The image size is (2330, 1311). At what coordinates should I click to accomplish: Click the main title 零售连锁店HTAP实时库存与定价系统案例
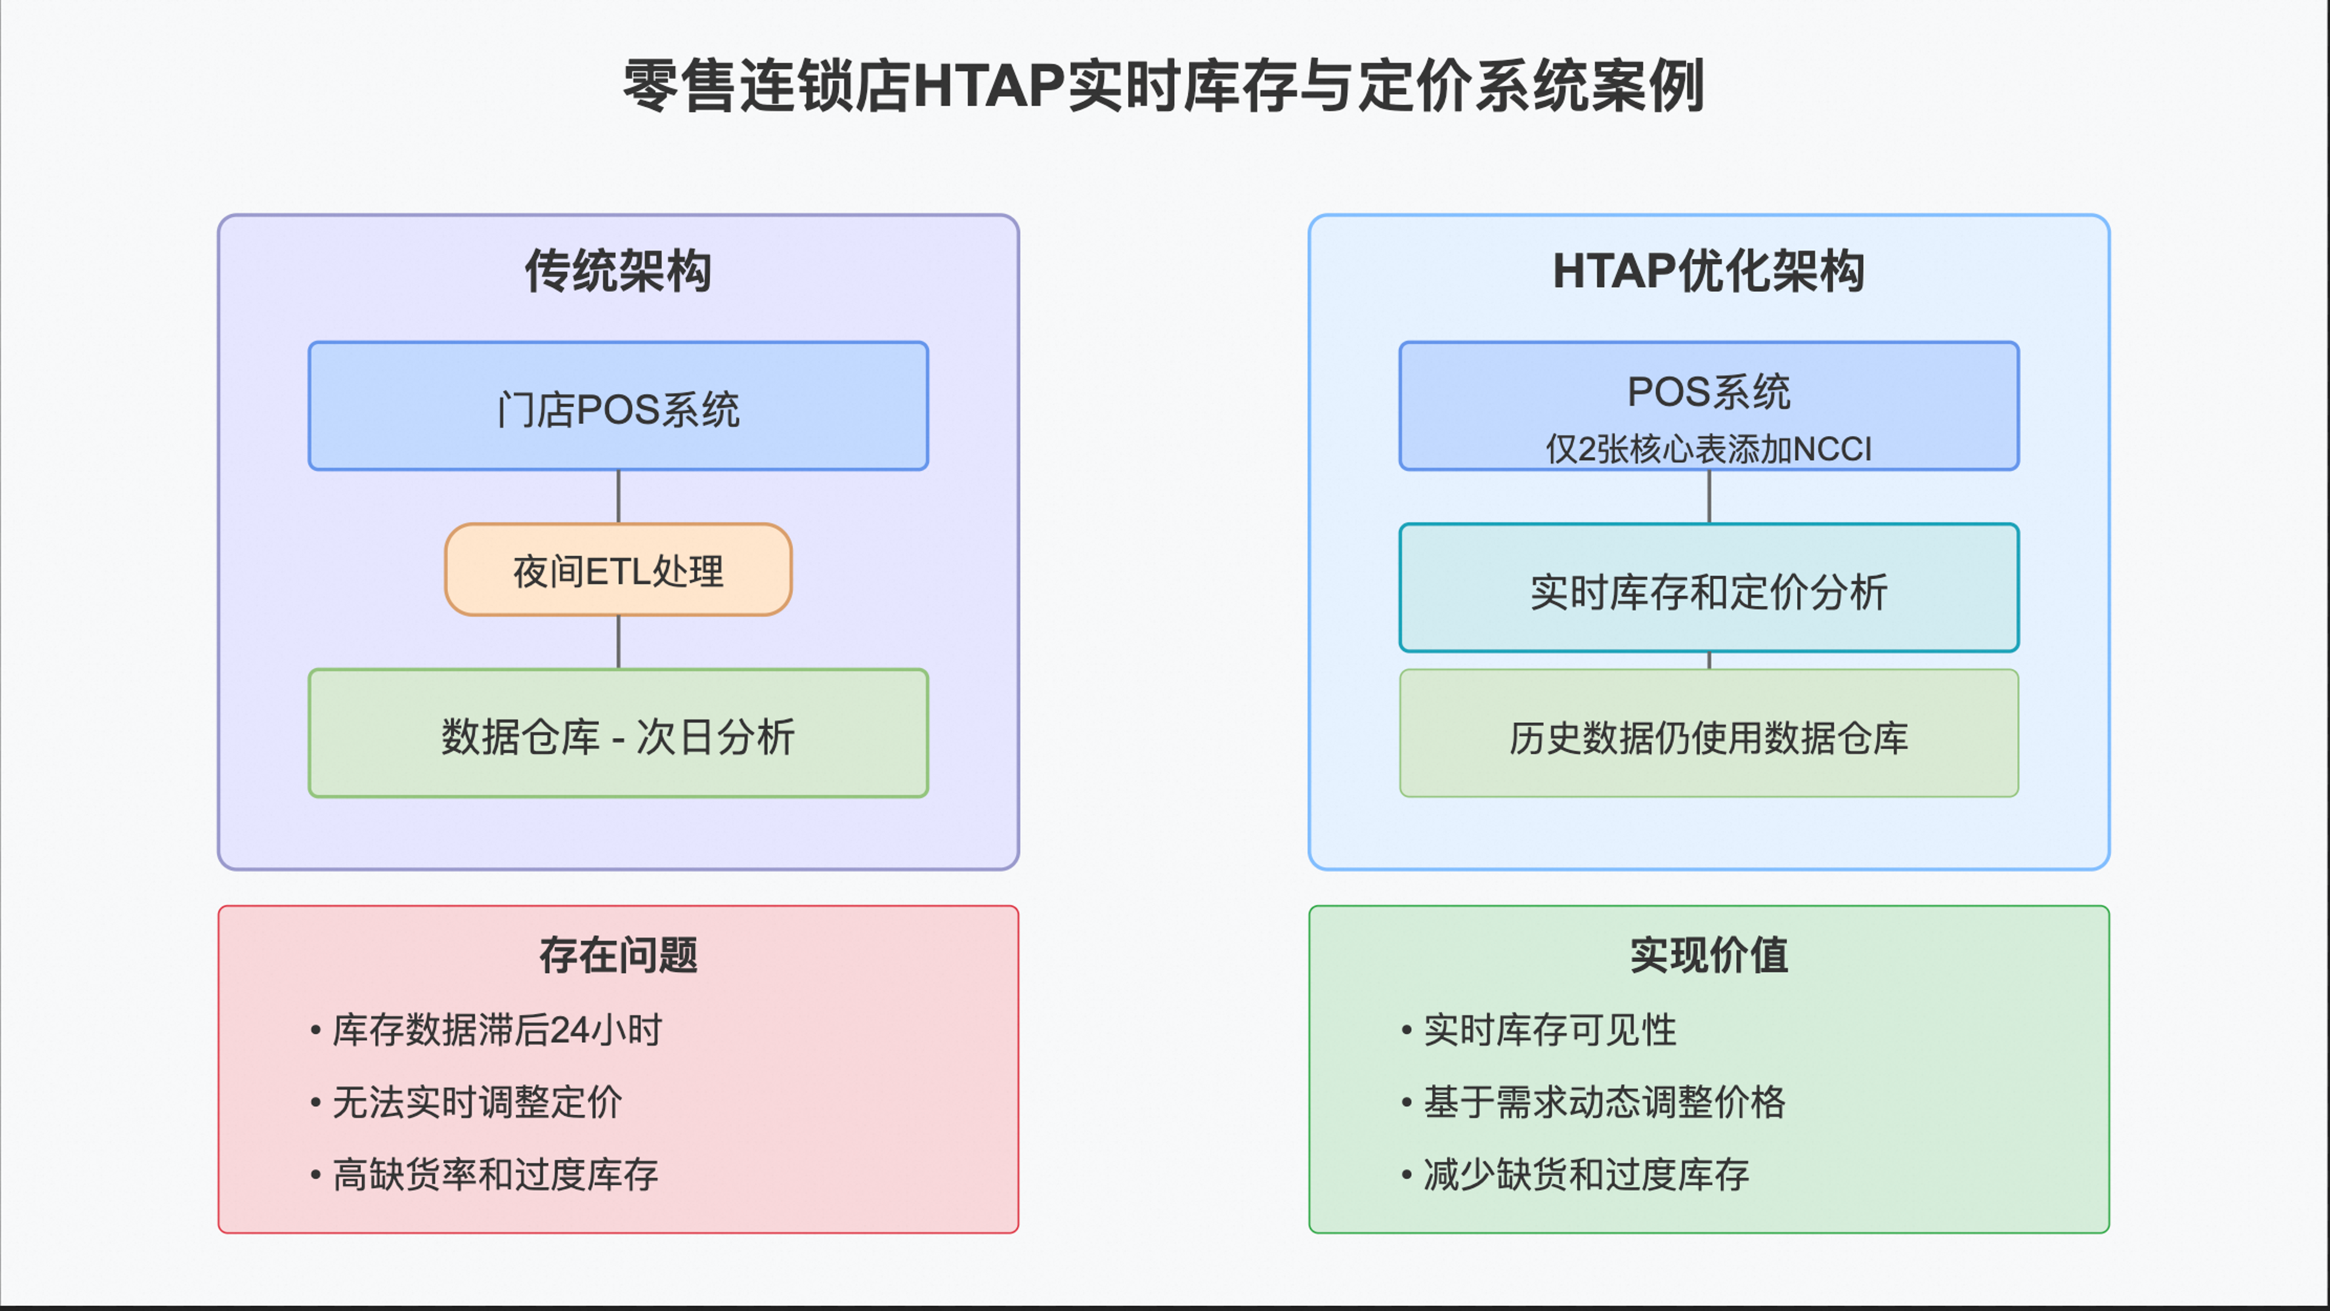click(x=1164, y=86)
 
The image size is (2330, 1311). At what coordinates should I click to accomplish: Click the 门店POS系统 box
click(x=619, y=406)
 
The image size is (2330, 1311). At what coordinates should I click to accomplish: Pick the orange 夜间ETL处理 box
click(x=619, y=570)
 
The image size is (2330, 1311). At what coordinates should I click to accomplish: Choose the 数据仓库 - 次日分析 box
click(x=619, y=734)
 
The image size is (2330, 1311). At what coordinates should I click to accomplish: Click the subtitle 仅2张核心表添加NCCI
click(x=1709, y=449)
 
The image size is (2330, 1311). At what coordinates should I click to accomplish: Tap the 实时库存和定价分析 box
click(x=1709, y=588)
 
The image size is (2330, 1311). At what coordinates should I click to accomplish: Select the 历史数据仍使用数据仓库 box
click(x=1709, y=734)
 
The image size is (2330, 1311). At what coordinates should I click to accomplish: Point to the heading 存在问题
click(x=619, y=956)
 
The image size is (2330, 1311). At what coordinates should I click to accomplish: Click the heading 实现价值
click(x=1709, y=956)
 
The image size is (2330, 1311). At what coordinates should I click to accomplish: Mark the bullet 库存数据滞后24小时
click(x=487, y=1030)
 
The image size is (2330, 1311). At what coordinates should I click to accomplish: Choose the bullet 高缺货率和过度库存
click(x=485, y=1175)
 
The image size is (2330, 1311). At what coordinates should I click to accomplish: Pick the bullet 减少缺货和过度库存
click(x=1575, y=1175)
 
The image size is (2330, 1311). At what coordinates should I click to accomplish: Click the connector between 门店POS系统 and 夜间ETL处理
click(x=619, y=497)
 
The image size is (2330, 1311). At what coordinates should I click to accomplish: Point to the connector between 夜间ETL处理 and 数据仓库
click(x=619, y=642)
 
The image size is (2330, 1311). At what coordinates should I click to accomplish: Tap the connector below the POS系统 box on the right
click(x=1709, y=497)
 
